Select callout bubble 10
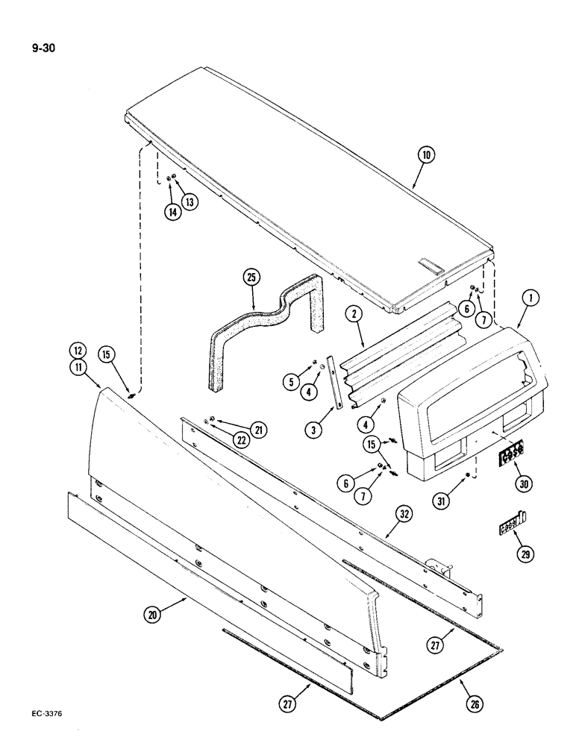coord(425,156)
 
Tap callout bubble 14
coord(172,211)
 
